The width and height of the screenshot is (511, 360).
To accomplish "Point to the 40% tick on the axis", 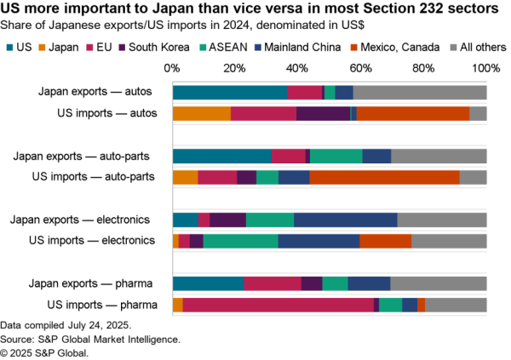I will point(297,66).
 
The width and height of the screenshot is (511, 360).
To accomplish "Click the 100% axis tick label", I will point(486,66).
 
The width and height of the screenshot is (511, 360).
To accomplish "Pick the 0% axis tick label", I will point(173,66).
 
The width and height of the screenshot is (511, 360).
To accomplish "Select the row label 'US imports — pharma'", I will point(106,305).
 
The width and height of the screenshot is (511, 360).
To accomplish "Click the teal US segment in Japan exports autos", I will point(229,92).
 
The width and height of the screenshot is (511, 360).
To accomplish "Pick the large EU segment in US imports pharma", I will point(278,305).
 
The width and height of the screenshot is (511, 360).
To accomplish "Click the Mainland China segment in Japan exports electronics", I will point(345,220).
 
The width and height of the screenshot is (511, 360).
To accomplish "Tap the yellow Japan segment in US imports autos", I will point(201,113).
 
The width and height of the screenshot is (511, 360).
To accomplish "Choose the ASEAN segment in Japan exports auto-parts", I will point(336,156).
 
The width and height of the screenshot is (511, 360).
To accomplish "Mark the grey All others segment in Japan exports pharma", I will point(438,283).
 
